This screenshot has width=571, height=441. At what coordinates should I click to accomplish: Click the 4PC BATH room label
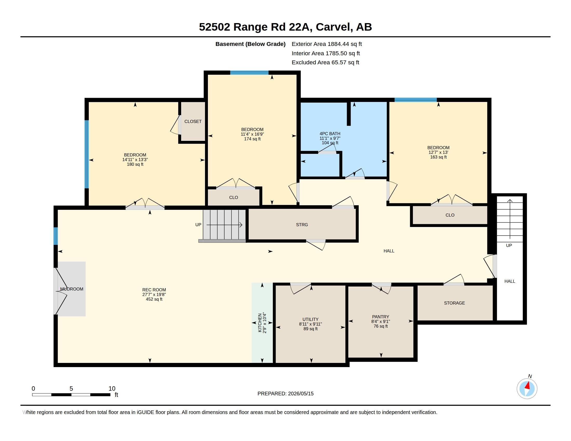click(330, 134)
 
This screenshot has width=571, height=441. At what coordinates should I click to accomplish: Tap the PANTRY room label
click(380, 317)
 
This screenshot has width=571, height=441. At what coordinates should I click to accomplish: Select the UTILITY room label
click(310, 319)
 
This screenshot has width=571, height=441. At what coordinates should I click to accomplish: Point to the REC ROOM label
click(154, 290)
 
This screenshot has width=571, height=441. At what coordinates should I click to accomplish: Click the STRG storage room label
click(302, 225)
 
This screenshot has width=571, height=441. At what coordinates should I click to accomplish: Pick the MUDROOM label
click(72, 289)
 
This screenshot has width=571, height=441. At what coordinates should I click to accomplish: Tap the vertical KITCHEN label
click(260, 323)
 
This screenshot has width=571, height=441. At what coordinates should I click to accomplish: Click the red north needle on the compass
click(528, 385)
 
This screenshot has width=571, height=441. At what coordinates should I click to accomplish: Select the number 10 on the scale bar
click(112, 389)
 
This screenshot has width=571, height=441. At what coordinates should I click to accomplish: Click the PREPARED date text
click(285, 394)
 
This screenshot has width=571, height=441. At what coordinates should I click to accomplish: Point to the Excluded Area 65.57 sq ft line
click(325, 63)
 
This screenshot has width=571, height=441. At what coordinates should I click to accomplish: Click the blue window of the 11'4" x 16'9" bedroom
click(249, 73)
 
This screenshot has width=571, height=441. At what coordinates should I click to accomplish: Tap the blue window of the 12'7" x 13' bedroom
click(416, 100)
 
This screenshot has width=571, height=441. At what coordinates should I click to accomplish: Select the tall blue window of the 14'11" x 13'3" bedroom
click(86, 154)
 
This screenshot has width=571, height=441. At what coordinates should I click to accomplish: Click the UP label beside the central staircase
click(198, 225)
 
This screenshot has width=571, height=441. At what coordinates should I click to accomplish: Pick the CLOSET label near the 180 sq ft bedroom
click(193, 121)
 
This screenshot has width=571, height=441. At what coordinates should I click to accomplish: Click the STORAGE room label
click(454, 303)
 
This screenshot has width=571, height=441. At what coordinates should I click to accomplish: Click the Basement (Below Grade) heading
click(250, 44)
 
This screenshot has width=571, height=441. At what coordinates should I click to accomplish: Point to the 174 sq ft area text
click(252, 139)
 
